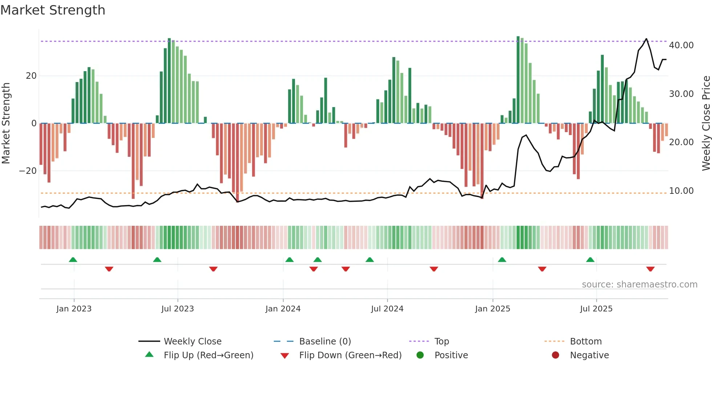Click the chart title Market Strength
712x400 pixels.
click(x=53, y=10)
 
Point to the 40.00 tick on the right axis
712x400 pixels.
click(x=681, y=45)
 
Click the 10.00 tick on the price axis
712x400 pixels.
click(x=681, y=191)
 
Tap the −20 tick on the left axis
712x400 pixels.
click(x=28, y=171)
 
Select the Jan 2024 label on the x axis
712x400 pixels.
click(x=283, y=309)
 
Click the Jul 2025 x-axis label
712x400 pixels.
click(x=596, y=309)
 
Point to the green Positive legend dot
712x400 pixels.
click(x=420, y=355)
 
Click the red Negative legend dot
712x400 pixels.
click(x=555, y=355)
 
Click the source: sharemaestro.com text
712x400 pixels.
click(x=639, y=285)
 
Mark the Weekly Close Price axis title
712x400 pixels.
click(x=706, y=123)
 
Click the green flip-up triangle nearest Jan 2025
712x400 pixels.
click(x=502, y=260)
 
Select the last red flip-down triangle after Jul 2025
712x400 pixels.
click(x=650, y=269)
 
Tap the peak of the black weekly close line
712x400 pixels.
click(x=646, y=39)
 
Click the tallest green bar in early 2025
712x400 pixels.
click(x=518, y=80)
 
